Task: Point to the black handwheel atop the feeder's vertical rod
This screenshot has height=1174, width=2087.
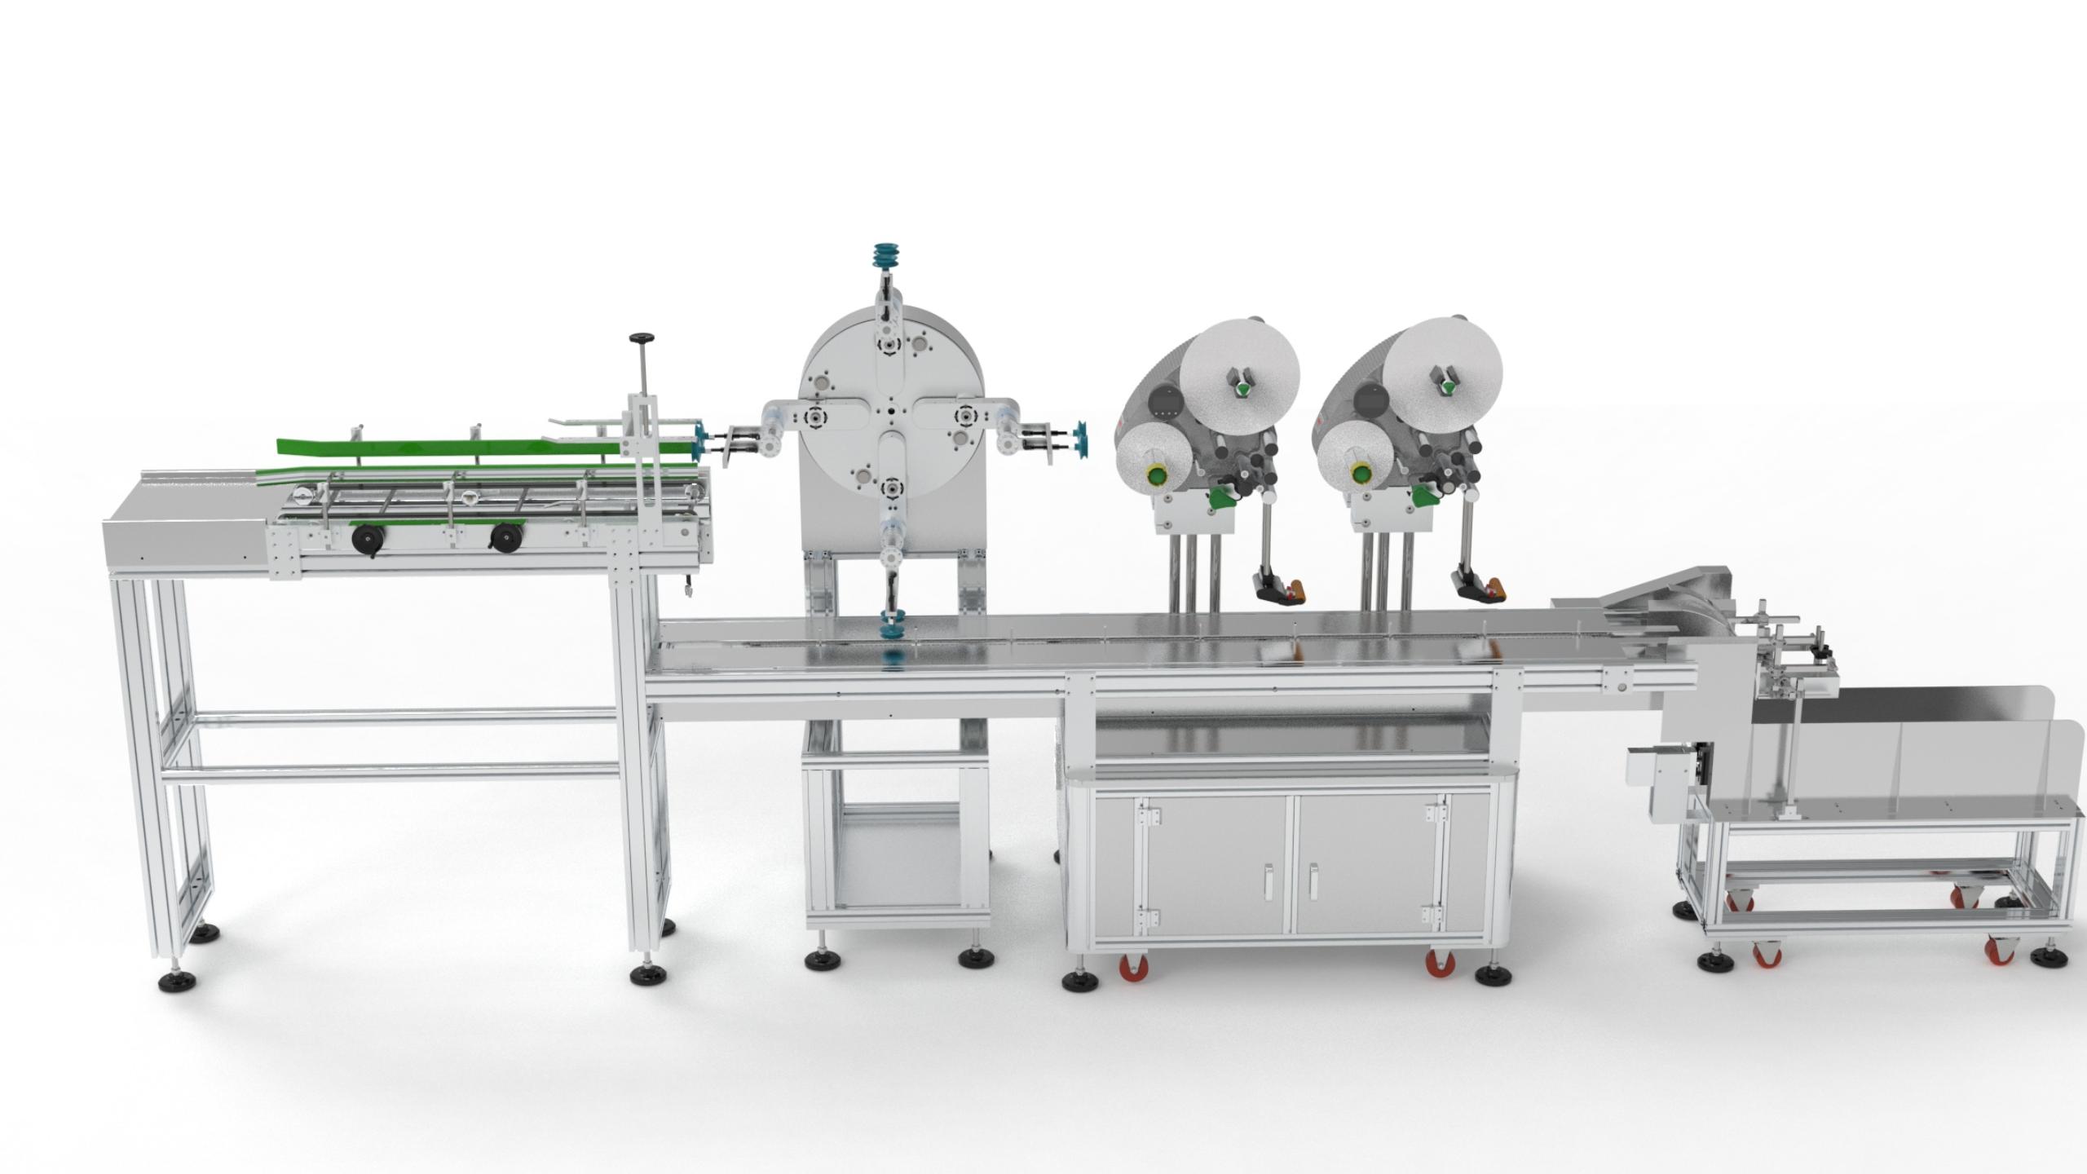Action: [641, 338]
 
